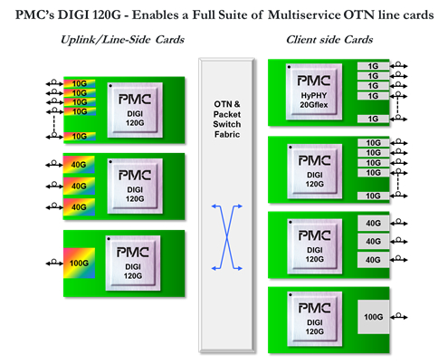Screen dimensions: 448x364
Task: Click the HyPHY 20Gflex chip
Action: pyautogui.click(x=314, y=91)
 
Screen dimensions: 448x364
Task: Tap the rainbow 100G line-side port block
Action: pyautogui.click(x=79, y=263)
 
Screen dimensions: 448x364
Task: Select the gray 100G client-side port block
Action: pyautogui.click(x=373, y=317)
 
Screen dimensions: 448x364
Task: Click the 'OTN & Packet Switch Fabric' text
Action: pyautogui.click(x=227, y=120)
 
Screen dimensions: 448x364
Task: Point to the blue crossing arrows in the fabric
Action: pyautogui.click(x=227, y=237)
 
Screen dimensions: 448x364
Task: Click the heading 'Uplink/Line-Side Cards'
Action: pyautogui.click(x=122, y=40)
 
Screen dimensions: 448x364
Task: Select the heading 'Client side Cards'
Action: pyautogui.click(x=329, y=40)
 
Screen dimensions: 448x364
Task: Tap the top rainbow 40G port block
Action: pyautogui.click(x=79, y=165)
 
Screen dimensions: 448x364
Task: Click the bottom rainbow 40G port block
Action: pyautogui.click(x=79, y=207)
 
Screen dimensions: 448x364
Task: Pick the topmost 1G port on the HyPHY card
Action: pyautogui.click(x=373, y=66)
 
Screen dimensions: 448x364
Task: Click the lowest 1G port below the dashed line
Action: pyautogui.click(x=373, y=119)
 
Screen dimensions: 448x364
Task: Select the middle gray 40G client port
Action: pyautogui.click(x=373, y=241)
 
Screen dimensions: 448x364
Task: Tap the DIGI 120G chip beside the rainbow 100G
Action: pyautogui.click(x=133, y=263)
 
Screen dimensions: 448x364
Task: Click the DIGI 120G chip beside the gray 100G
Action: pyautogui.click(x=315, y=319)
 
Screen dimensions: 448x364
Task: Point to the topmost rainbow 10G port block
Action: pyautogui.click(x=80, y=83)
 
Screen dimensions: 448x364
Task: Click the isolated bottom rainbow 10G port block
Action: pyautogui.click(x=80, y=137)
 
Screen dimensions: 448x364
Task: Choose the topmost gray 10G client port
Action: pyautogui.click(x=373, y=143)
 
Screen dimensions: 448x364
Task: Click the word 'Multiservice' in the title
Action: pyautogui.click(x=304, y=14)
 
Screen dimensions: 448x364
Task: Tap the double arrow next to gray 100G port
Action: pyautogui.click(x=398, y=317)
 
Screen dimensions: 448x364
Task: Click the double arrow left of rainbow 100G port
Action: pyautogui.click(x=54, y=263)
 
